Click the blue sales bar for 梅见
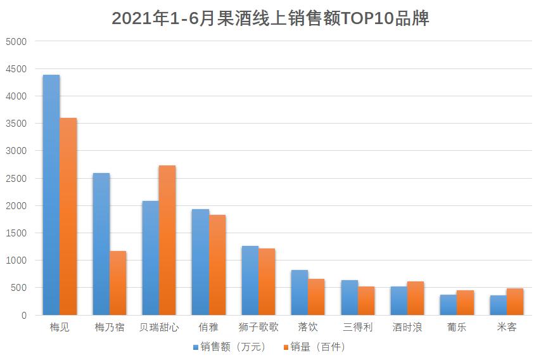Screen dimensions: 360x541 pyautogui.click(x=51, y=195)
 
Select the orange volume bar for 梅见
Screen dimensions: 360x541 pyautogui.click(x=68, y=216)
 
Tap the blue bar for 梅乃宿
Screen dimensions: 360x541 pyautogui.click(x=101, y=244)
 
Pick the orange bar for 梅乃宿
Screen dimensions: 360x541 pyautogui.click(x=118, y=283)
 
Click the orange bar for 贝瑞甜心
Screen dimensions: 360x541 pyautogui.click(x=167, y=240)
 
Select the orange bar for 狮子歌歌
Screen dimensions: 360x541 pyautogui.click(x=267, y=281)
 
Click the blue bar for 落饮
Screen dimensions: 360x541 pyautogui.click(x=300, y=292)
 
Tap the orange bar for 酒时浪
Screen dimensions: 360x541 pyautogui.click(x=416, y=298)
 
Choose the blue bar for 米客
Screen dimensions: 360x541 pyautogui.click(x=498, y=305)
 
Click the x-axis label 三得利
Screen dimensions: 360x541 pyautogui.click(x=358, y=328)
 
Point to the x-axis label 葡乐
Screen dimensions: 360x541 pyautogui.click(x=457, y=328)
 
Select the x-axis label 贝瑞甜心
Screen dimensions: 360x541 pyautogui.click(x=159, y=328)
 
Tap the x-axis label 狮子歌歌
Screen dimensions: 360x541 pyautogui.click(x=258, y=328)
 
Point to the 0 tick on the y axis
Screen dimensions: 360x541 pyautogui.click(x=24, y=315)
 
